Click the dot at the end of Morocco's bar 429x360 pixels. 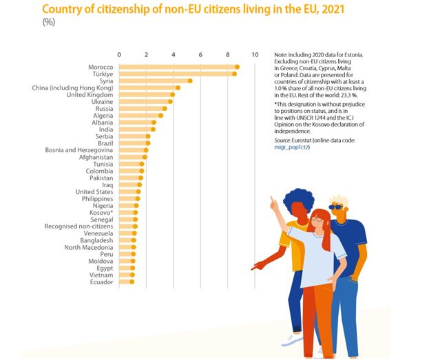click(x=237, y=67)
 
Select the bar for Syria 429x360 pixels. click(x=155, y=81)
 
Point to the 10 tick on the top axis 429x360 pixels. click(x=255, y=54)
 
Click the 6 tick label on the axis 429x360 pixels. click(x=200, y=54)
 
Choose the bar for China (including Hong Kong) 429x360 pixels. click(x=149, y=87)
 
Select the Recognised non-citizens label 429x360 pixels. click(x=79, y=226)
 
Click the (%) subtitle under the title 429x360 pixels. click(x=50, y=21)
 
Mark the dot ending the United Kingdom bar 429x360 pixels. click(x=172, y=94)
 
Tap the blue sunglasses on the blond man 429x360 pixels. click(x=335, y=207)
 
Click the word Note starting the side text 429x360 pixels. click(x=281, y=54)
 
